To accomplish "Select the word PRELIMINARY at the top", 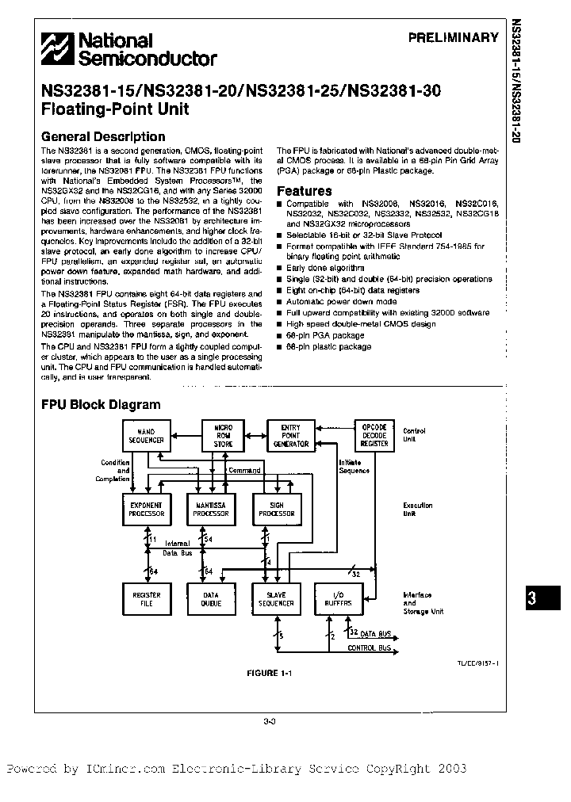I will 454,37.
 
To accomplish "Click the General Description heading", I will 103,136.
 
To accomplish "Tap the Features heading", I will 304,191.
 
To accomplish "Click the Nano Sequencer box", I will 145,435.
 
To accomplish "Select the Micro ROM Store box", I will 223,435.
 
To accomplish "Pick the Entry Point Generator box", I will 290,435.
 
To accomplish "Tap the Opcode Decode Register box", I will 374,434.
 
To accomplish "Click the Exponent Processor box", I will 145,510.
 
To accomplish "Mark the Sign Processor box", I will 277,510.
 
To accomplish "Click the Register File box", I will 146,599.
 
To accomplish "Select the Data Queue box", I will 211,599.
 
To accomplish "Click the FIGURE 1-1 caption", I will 270,673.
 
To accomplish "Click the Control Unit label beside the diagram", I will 414,435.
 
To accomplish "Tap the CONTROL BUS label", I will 370,648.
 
